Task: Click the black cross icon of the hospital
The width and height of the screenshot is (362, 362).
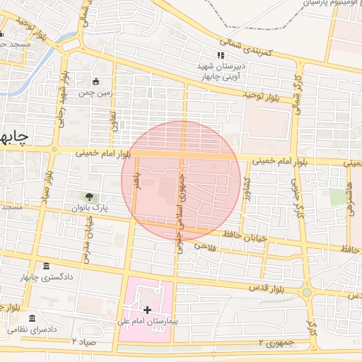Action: point(147,310)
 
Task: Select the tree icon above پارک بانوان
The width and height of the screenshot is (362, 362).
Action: point(90,197)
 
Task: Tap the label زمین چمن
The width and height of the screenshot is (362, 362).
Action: point(95,93)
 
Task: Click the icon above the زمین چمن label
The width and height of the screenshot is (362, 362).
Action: point(96,81)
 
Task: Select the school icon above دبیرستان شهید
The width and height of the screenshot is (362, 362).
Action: point(221,55)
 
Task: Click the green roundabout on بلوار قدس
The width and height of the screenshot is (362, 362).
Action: point(307,292)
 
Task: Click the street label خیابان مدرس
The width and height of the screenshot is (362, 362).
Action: point(88,233)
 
